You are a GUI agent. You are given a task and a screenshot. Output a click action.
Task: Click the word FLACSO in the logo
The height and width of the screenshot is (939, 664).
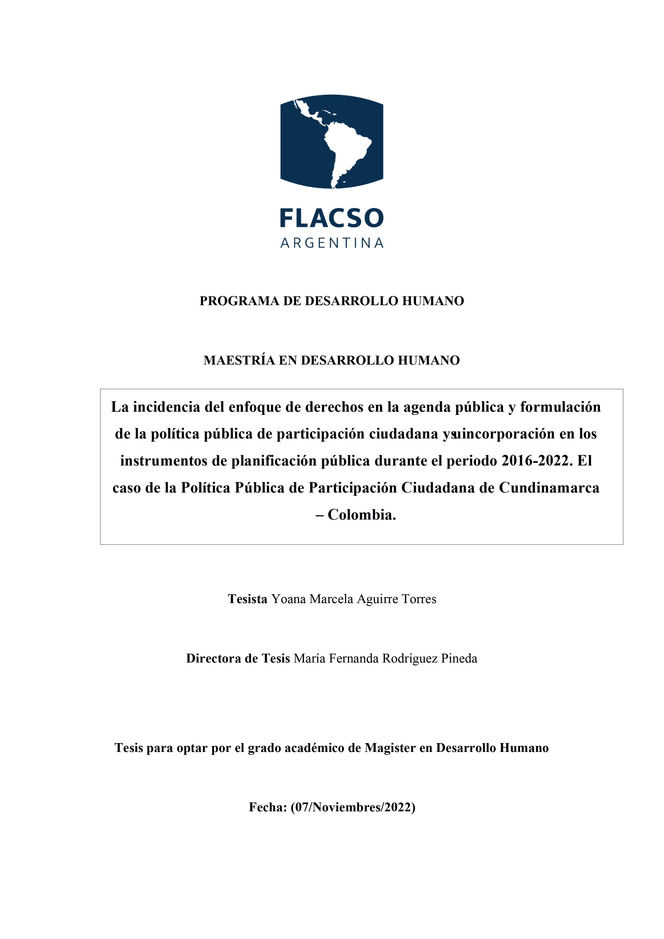[x=332, y=218]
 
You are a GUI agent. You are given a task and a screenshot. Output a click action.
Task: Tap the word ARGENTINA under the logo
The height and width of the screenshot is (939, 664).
[x=332, y=243]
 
